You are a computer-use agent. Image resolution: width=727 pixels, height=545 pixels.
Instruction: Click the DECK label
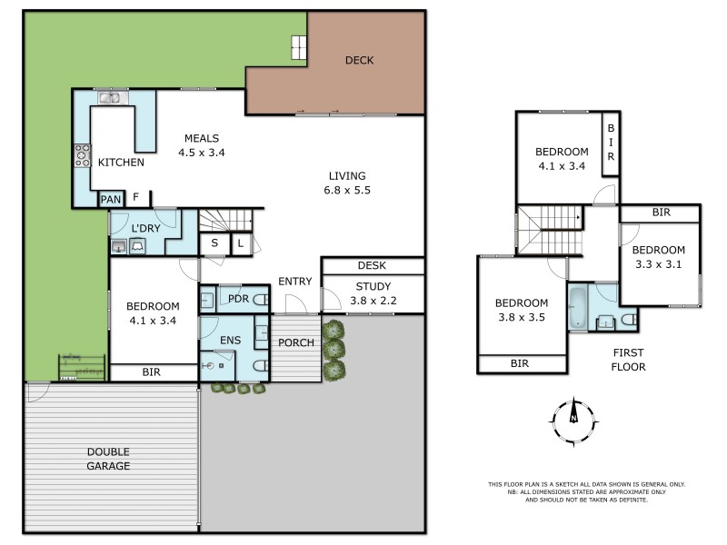tap(359, 60)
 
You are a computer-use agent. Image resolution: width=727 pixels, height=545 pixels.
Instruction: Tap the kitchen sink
tap(109, 98)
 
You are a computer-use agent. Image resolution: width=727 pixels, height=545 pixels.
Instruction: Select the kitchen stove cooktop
tap(83, 155)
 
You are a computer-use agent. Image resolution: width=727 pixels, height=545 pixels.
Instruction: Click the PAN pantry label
tap(111, 200)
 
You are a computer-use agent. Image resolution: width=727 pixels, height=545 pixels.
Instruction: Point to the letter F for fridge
tap(135, 197)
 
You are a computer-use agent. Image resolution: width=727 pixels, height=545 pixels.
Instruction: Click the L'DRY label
tap(145, 229)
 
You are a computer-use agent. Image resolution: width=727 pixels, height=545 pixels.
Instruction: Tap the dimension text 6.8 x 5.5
tap(347, 191)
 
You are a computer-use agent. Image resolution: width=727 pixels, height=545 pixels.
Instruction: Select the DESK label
tap(372, 265)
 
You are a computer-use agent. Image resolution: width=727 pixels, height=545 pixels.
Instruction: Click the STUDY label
tap(373, 286)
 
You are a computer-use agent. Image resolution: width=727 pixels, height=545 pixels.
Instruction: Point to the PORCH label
tap(296, 343)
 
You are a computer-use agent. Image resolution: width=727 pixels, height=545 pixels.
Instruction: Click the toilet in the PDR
tap(261, 300)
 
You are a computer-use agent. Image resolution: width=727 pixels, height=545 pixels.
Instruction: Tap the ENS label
tap(231, 341)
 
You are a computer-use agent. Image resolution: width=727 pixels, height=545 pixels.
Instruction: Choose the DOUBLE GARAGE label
tap(108, 459)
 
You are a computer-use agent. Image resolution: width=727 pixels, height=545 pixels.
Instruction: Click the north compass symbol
tap(574, 421)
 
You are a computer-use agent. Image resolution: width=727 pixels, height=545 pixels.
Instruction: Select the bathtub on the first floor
tap(578, 308)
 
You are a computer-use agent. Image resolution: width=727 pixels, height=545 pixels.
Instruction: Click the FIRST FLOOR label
tap(628, 360)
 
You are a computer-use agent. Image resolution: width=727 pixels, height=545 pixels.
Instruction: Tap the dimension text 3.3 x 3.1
tap(658, 264)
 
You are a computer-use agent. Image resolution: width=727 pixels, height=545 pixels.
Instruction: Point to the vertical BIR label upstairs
tap(611, 143)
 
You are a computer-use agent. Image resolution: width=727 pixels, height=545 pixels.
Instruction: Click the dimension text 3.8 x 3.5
tap(522, 317)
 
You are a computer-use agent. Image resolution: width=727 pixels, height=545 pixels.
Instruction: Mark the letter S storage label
tap(214, 243)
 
